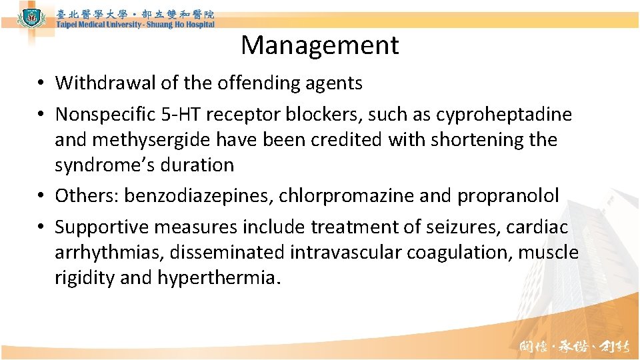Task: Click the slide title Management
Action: (x=320, y=45)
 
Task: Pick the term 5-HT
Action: (x=178, y=115)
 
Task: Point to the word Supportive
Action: (x=101, y=227)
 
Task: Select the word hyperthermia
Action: (x=216, y=278)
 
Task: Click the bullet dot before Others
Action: (x=41, y=196)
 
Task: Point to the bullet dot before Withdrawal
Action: (x=41, y=83)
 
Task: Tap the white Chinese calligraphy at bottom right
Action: (x=575, y=347)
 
